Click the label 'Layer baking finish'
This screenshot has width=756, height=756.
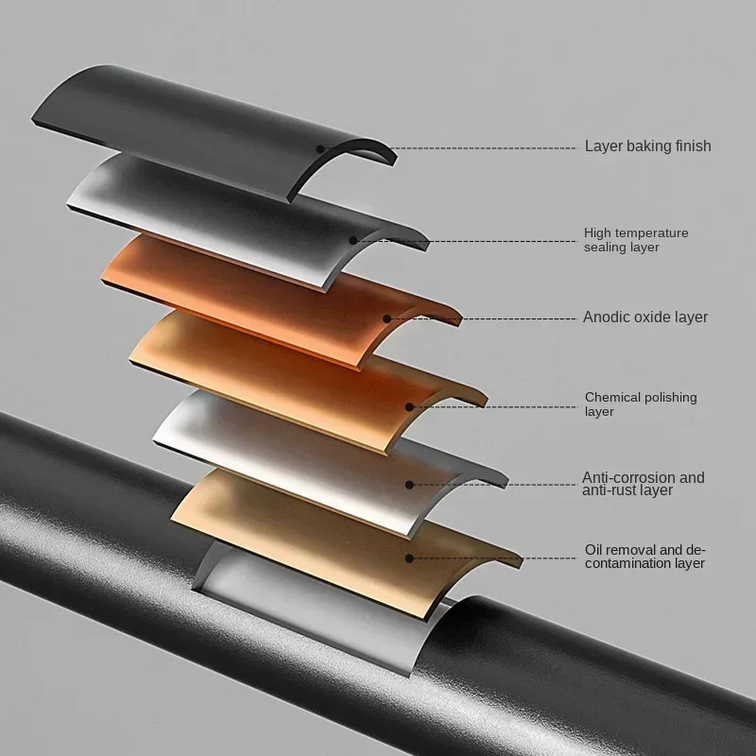pos(647,146)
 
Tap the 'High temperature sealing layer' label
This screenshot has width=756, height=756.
pos(636,240)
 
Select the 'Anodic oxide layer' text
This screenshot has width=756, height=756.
pos(644,318)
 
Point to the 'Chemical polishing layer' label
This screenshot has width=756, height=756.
pos(640,404)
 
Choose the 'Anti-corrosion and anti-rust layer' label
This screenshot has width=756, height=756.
pos(643,484)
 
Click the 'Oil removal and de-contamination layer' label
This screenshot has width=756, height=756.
pos(644,557)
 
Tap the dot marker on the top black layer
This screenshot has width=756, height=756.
pos(320,148)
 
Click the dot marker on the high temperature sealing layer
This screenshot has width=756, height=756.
pos(353,240)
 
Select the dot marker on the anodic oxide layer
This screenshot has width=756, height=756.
pos(387,318)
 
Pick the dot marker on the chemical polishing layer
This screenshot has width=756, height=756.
pos(409,407)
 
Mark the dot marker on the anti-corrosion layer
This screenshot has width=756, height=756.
pos(409,485)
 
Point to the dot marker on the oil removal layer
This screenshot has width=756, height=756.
pos(409,558)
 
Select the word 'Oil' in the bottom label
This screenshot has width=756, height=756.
pos(594,550)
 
